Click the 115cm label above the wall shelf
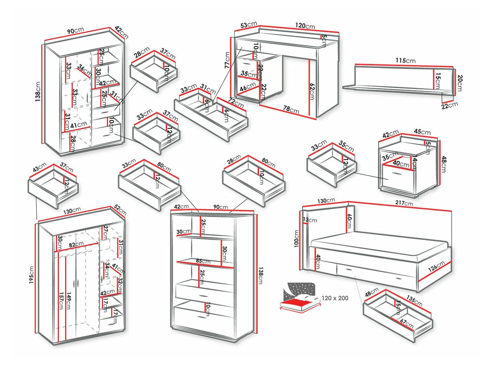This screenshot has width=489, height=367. [x=405, y=61]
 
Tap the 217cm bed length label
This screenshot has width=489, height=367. [x=403, y=204]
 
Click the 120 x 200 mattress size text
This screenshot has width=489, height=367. [x=336, y=299]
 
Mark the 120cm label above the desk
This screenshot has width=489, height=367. [x=305, y=26]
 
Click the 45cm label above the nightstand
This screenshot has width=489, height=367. [x=422, y=132]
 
